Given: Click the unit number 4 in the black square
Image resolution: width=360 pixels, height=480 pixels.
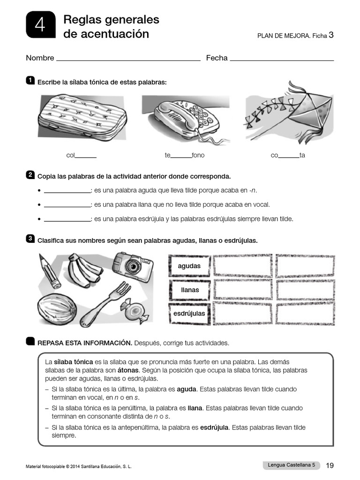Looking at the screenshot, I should [x=40, y=25].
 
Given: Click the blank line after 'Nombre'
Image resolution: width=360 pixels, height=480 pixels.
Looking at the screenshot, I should [x=128, y=59].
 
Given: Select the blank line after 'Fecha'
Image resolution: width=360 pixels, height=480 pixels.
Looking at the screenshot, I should [x=282, y=59].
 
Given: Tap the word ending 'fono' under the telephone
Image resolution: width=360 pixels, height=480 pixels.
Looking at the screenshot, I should [x=198, y=155].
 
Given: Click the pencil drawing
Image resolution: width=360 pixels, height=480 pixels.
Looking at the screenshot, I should [x=50, y=271].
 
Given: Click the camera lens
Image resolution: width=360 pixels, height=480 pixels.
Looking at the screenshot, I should [x=134, y=266].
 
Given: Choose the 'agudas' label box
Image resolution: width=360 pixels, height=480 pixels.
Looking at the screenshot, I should [x=189, y=266].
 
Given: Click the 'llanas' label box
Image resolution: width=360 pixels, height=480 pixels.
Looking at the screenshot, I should [x=189, y=290].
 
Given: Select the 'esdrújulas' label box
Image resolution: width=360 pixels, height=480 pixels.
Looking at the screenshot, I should [x=189, y=313].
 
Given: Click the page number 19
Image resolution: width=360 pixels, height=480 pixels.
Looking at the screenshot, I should [x=330, y=465].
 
